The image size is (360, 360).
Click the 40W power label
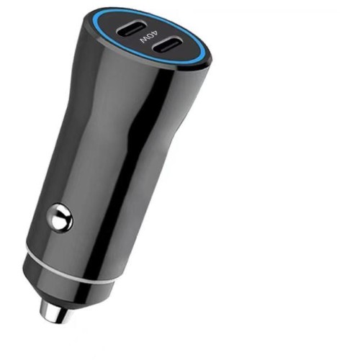coord(149,37)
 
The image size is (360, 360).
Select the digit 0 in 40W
coord(150,37)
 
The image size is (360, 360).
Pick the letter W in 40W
coord(144,40)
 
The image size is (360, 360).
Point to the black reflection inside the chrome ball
coord(63,221)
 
